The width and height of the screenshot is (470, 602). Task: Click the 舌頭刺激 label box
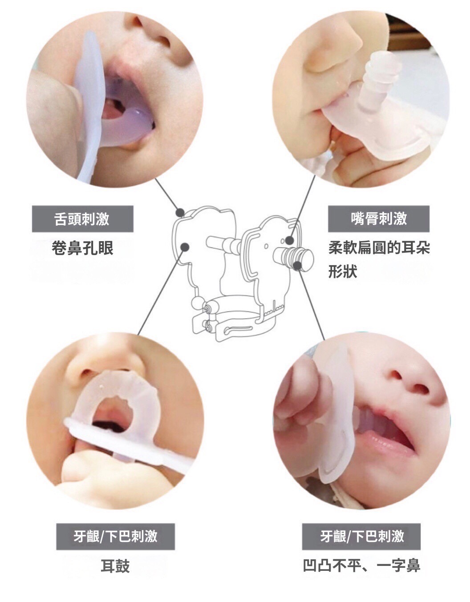pos(83,218)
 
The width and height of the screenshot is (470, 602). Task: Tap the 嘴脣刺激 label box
pos(379,218)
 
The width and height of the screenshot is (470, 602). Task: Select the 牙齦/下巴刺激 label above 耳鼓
pos(115,536)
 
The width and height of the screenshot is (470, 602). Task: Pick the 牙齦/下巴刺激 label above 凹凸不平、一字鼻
pos(361,536)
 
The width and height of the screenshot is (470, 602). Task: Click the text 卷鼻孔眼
pos(83,248)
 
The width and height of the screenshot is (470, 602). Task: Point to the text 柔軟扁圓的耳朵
pos(379,247)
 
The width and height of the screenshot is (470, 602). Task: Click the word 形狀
pos(343,271)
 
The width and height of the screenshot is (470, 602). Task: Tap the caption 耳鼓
pos(115,566)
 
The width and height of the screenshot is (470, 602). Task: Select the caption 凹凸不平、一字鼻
pos(361,566)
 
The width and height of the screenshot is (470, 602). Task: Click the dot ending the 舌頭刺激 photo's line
pos(180,213)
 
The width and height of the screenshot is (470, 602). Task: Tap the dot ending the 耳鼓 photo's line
pos(185,246)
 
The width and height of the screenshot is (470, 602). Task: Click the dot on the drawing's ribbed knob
pos(297,266)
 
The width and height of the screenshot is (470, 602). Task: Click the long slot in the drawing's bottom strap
pos(238,330)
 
